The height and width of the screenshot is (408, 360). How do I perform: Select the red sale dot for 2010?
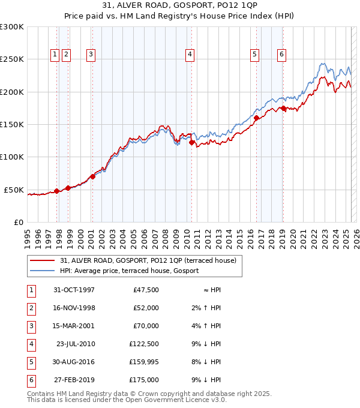pos(191,142)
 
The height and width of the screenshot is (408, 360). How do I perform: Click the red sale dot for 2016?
pos(256,118)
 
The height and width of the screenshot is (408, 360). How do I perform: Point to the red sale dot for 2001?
pos(92,176)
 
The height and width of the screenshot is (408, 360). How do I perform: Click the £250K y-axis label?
pos(12,59)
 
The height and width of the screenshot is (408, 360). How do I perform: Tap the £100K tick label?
pos(12,157)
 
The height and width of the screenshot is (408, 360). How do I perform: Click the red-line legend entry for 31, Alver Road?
pos(148,260)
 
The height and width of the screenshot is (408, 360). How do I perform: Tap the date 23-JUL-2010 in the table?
pos(74,344)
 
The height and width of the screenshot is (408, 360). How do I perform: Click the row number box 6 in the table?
pos(30,380)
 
